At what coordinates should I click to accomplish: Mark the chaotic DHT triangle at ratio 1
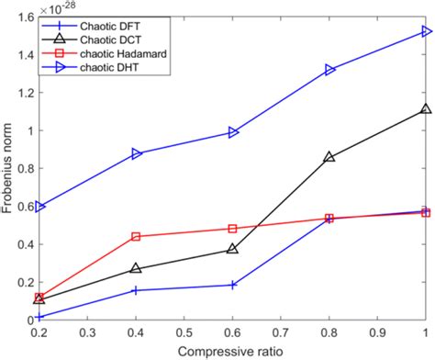pyautogui.click(x=426, y=31)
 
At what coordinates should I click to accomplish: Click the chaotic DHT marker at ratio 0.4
pyautogui.click(x=137, y=153)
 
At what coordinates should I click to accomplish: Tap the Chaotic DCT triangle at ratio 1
pyautogui.click(x=426, y=108)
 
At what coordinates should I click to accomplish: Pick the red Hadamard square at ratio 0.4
pyautogui.click(x=137, y=236)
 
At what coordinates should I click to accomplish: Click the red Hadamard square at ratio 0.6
pyautogui.click(x=233, y=229)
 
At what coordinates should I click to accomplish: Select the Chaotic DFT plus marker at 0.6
pyautogui.click(x=233, y=285)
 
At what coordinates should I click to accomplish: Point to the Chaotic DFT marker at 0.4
pyautogui.click(x=137, y=290)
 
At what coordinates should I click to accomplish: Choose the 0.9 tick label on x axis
pyautogui.click(x=377, y=332)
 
